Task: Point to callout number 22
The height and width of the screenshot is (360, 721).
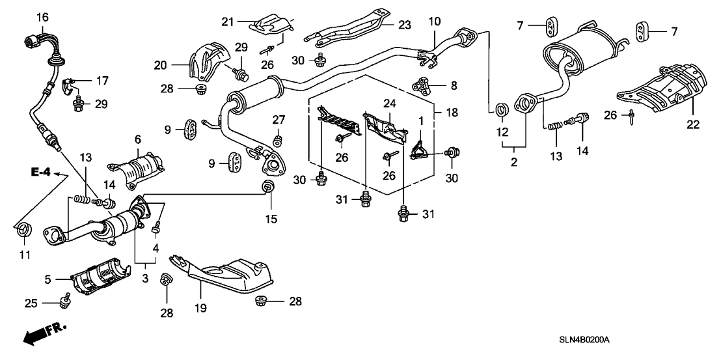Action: [692, 125]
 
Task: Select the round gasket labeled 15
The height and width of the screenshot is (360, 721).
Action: [268, 189]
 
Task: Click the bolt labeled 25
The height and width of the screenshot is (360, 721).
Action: [64, 300]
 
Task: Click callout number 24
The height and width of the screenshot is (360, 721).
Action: [389, 103]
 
